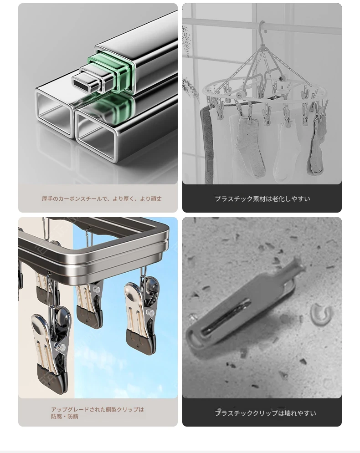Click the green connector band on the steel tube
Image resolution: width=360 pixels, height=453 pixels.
[x=111, y=72]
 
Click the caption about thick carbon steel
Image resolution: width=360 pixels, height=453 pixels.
[x=102, y=199]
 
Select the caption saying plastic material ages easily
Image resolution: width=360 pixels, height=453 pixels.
[x=262, y=199]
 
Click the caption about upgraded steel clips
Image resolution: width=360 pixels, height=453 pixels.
[x=98, y=413]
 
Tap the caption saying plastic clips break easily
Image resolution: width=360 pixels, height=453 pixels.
[x=265, y=413]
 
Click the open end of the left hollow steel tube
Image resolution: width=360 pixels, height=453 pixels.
[x=54, y=112]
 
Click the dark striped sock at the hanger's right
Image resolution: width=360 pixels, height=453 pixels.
[x=317, y=144]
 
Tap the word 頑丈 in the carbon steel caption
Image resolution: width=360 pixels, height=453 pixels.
[x=156, y=199]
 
